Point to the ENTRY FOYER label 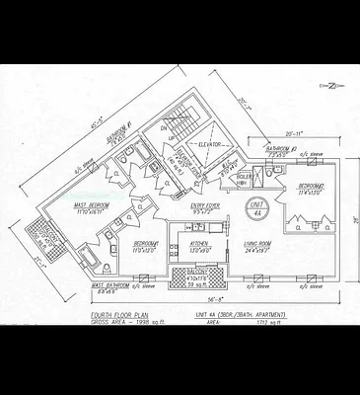204,207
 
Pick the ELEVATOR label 212,144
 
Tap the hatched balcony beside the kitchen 197,276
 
